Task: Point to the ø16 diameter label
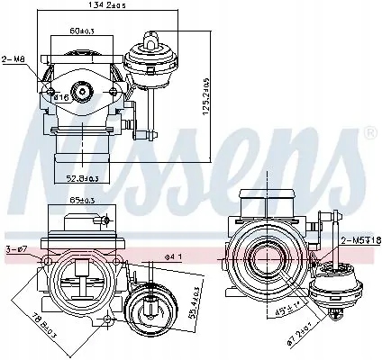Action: pyautogui.click(x=60, y=96)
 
